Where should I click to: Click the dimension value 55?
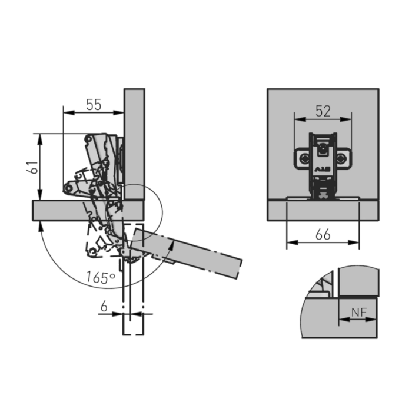(94, 105)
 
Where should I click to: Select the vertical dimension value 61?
(32, 167)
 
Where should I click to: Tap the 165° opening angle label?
(101, 277)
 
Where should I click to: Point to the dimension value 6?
(104, 306)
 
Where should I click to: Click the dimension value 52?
(323, 111)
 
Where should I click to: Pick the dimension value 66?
(323, 234)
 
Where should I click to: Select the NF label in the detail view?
(359, 312)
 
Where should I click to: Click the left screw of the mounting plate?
(305, 159)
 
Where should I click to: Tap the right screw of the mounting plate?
(341, 159)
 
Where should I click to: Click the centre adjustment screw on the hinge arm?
(323, 149)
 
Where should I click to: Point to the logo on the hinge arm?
(323, 170)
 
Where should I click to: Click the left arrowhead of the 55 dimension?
(68, 113)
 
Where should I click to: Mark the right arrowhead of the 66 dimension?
(354, 242)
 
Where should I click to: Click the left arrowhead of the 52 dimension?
(300, 119)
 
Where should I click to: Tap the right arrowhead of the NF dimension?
(371, 320)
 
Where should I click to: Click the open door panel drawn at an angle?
(187, 253)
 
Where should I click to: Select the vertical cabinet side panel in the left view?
(134, 144)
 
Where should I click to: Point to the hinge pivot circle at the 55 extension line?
(69, 188)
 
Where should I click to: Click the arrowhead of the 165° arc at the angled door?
(171, 245)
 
